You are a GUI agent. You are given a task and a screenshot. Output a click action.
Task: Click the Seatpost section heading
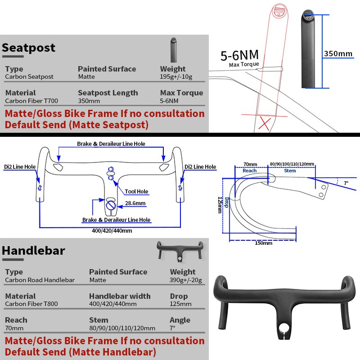click(x=29, y=48)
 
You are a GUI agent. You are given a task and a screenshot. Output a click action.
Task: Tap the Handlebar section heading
click(x=34, y=251)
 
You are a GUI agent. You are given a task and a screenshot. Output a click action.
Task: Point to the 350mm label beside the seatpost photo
click(x=338, y=54)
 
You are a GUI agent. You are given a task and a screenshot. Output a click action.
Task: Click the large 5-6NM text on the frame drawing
click(x=239, y=55)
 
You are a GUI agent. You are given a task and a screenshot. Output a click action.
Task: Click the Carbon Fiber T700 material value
click(x=31, y=101)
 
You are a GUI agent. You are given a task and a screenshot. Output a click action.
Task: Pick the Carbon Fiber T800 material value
click(x=31, y=304)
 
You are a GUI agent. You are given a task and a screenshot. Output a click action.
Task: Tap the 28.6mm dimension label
click(x=135, y=203)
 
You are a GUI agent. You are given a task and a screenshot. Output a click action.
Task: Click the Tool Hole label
click(x=136, y=192)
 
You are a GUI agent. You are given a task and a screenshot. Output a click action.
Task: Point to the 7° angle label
click(x=346, y=183)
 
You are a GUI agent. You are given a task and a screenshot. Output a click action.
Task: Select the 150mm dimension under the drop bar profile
click(x=264, y=243)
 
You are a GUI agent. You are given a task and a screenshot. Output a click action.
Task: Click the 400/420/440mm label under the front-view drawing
click(x=111, y=231)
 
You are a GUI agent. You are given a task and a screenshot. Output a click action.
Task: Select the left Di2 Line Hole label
click(x=20, y=167)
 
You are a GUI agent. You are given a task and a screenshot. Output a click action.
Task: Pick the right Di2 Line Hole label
click(x=200, y=167)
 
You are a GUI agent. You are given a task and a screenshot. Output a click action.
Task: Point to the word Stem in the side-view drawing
click(x=290, y=171)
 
